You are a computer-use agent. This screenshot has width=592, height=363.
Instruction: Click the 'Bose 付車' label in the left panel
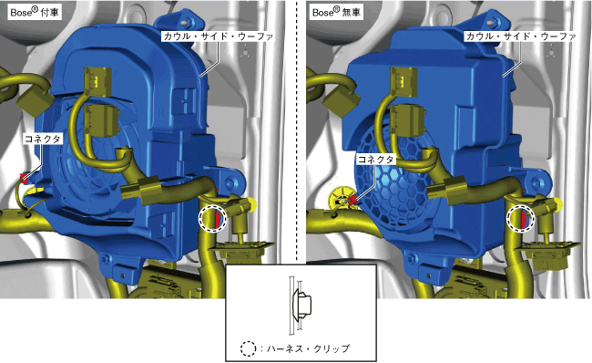35,12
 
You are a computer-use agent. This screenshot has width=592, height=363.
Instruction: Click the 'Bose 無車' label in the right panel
336,12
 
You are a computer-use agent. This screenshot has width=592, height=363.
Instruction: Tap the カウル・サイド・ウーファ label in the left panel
218,36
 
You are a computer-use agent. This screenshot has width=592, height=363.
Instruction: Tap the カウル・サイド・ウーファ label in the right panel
521,36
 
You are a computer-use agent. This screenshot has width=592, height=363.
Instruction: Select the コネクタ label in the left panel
42,139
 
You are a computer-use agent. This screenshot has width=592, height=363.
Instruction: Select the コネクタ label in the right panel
375,160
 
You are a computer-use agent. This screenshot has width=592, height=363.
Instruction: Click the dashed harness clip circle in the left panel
212,218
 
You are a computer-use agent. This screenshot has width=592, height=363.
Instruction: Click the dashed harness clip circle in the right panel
521,219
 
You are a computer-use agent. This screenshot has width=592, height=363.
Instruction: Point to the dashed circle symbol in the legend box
248,348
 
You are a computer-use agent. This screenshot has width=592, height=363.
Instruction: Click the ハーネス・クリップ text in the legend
308,348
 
